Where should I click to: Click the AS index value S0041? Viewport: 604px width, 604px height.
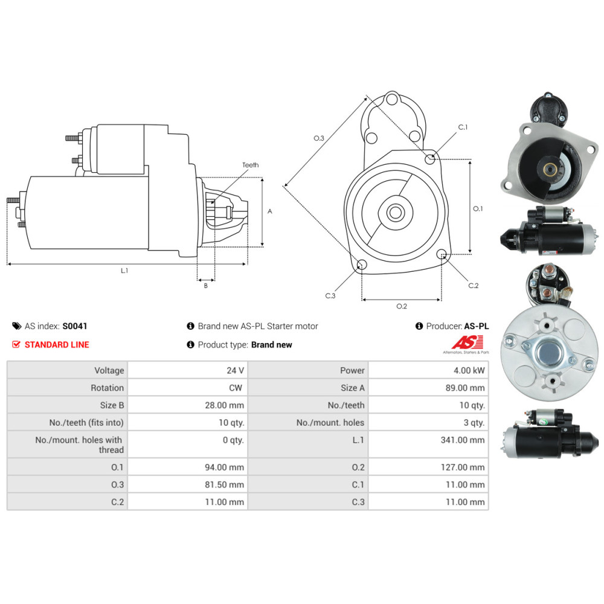(75, 326)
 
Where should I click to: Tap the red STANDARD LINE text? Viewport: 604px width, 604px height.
(57, 345)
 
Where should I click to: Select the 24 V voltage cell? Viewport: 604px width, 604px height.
(235, 371)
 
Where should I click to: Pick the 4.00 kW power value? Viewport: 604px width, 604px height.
(469, 371)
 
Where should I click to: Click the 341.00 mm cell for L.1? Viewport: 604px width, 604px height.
(463, 440)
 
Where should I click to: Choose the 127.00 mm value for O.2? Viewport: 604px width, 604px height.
(463, 467)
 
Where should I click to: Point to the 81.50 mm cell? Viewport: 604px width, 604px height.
(224, 484)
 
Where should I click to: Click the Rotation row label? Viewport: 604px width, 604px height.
(107, 388)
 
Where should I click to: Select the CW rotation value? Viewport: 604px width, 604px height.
(236, 388)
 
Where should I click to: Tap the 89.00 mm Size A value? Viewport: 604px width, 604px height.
(465, 388)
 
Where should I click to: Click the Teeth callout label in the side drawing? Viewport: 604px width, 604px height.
(251, 165)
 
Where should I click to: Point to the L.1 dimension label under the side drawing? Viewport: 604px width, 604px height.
(124, 271)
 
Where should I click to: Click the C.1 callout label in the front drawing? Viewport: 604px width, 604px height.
(463, 127)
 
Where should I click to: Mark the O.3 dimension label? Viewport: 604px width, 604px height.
(318, 138)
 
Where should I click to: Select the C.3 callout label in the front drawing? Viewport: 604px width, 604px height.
(330, 296)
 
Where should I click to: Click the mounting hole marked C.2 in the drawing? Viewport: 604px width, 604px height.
(442, 254)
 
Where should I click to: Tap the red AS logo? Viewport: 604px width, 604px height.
(467, 342)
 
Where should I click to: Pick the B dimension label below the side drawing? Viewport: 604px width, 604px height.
(206, 286)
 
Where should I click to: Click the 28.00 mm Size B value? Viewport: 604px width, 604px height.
(224, 405)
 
